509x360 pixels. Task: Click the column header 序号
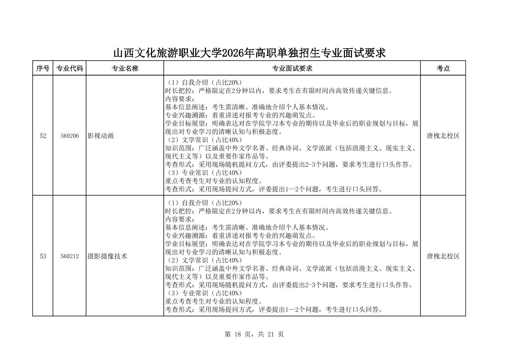(43, 68)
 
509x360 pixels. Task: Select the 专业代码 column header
(69, 68)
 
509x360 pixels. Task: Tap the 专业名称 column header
(125, 68)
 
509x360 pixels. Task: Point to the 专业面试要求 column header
(292, 68)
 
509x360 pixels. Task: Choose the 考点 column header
(443, 68)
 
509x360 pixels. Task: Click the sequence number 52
(43, 136)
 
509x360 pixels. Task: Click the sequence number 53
(43, 256)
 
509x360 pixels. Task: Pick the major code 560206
(70, 136)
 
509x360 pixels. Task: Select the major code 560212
(70, 256)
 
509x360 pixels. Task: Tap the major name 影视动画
(100, 136)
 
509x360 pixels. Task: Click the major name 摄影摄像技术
(107, 256)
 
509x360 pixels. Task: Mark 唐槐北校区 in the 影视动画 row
(443, 136)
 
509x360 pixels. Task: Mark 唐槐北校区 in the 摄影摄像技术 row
(443, 256)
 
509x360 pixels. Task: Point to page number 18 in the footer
(238, 334)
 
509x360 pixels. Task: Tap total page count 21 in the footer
(271, 334)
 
